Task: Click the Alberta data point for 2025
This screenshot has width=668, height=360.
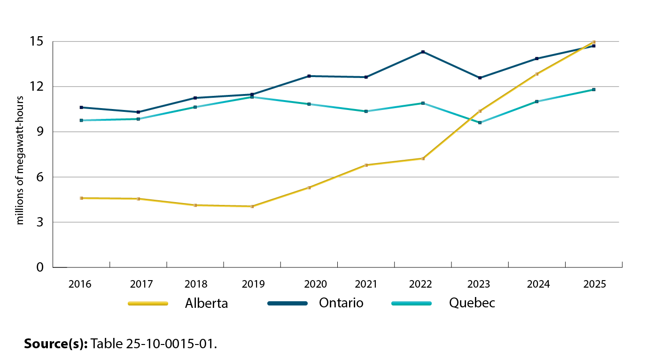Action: tap(594, 42)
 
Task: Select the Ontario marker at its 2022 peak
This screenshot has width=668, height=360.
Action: tap(423, 52)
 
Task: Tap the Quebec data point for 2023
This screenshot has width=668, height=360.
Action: tap(480, 123)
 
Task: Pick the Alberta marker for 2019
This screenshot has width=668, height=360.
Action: tap(252, 206)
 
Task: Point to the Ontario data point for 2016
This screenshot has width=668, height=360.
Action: tap(81, 108)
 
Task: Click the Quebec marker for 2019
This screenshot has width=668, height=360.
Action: tap(252, 97)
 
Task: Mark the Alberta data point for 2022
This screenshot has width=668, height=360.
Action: tap(423, 158)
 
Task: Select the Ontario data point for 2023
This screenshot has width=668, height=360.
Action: tap(480, 78)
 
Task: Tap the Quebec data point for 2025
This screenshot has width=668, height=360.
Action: tap(594, 90)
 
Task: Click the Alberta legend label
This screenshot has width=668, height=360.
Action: tap(206, 304)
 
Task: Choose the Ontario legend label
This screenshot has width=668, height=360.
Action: tap(341, 303)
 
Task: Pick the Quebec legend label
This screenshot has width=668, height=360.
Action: tap(472, 303)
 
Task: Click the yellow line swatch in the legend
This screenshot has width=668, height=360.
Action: tap(148, 304)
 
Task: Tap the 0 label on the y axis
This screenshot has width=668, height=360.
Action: tap(40, 267)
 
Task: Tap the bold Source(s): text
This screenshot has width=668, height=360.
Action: tap(56, 344)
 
